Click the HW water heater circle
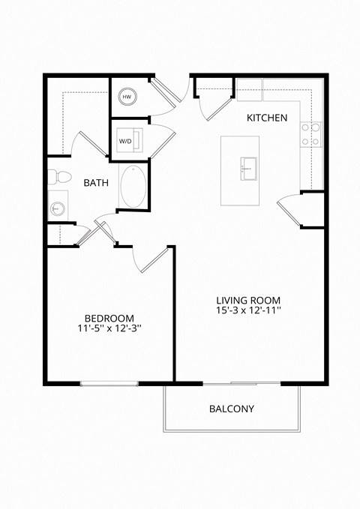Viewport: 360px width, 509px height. pos(127,97)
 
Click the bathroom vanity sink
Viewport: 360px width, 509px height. pos(55,207)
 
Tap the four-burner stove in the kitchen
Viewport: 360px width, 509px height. pos(311,135)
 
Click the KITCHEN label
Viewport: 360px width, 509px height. pos(267,118)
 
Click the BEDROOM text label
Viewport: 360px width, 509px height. pos(109,317)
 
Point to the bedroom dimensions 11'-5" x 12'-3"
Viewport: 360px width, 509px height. pos(109,328)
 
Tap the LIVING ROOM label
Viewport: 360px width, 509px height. pos(249,298)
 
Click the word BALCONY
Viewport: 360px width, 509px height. pos(231,409)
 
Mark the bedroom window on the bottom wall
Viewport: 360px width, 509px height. pos(109,384)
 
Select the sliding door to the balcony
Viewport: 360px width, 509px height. pos(242,384)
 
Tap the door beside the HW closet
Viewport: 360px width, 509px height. pos(166,91)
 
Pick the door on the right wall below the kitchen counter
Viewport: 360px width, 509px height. pos(290,209)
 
